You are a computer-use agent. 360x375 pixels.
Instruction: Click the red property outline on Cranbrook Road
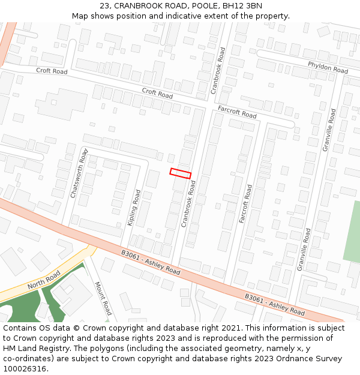pyautogui.click(x=180, y=173)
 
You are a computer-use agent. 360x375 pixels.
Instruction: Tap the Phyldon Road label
pyautogui.click(x=328, y=67)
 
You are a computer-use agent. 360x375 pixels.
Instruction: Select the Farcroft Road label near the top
pyautogui.click(x=237, y=112)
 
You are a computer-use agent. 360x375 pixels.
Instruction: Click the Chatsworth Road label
pyautogui.click(x=79, y=173)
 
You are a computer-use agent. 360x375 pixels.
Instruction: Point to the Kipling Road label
pyautogui.click(x=134, y=208)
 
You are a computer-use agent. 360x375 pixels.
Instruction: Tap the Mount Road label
pyautogui.click(x=103, y=298)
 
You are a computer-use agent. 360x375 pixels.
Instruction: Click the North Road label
pyautogui.click(x=44, y=278)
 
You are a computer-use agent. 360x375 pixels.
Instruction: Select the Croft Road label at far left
pyautogui.click(x=52, y=71)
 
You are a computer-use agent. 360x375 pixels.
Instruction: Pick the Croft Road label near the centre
pyautogui.click(x=157, y=92)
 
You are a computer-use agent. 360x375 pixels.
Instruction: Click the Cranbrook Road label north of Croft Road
pyautogui.click(x=217, y=70)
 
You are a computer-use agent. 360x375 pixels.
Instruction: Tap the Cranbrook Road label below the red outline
pyautogui.click(x=188, y=204)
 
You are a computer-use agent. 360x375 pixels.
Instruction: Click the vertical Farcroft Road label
pyautogui.click(x=246, y=204)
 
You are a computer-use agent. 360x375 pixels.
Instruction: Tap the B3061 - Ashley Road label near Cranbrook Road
pyautogui.click(x=150, y=263)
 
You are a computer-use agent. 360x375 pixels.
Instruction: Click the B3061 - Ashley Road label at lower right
pyautogui.click(x=275, y=304)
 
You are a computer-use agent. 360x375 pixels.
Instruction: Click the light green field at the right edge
pyautogui.click(x=353, y=231)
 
